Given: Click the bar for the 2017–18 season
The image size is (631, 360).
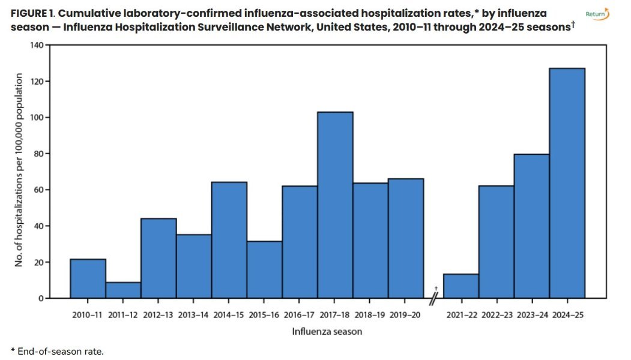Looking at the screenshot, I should point(335,205).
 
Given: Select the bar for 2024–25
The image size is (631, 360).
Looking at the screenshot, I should point(567,183).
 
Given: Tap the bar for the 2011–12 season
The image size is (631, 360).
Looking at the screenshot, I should point(123,290).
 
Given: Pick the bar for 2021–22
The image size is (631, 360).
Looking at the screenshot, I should point(461,286).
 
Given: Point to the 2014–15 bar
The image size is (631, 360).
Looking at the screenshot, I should point(229,240).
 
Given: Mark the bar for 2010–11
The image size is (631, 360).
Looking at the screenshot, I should point(88,278).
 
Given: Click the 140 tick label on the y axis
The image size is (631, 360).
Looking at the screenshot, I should point(37,46).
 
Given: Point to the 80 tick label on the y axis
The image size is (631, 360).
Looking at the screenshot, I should point(39,154).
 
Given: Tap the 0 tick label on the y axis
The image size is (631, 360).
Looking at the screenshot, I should point(41,298).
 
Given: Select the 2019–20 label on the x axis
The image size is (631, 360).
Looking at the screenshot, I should point(406,314).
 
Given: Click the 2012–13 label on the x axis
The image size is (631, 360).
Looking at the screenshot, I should point(159,314).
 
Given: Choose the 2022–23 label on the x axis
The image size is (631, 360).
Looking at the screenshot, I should point(496,314).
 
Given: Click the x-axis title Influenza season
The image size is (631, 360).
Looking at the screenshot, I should point(327,331).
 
